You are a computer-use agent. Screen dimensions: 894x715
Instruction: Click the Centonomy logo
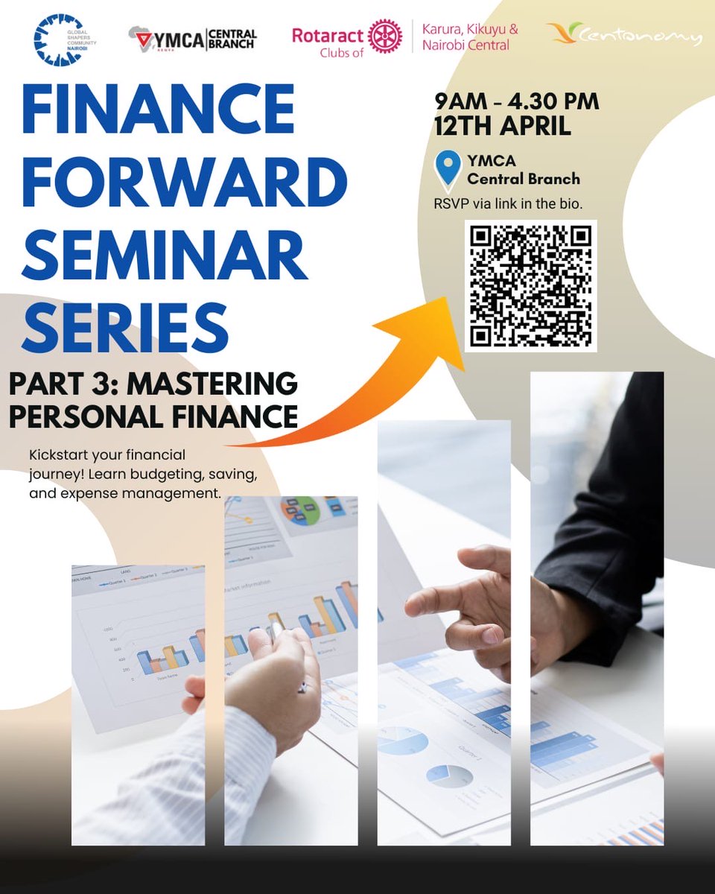625,34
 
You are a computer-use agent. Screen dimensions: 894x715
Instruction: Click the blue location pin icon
448,168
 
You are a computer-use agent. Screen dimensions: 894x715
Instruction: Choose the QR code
530,285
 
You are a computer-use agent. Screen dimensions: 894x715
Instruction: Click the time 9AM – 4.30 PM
516,101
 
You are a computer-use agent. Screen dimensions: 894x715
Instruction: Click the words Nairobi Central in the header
465,45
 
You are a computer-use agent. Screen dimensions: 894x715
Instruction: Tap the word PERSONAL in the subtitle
78,415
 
